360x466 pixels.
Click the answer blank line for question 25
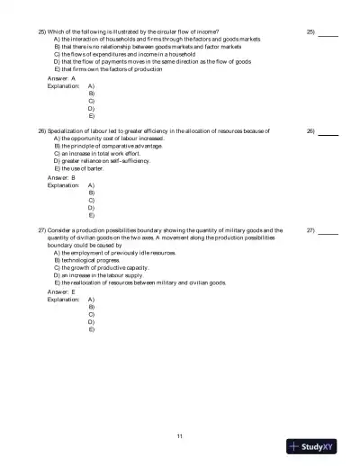328,32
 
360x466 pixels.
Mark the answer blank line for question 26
328,132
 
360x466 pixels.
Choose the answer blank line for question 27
328,232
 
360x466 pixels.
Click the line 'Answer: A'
61,78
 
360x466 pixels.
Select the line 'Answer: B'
61,178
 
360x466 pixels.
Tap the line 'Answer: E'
61,292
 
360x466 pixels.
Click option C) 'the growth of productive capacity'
112,268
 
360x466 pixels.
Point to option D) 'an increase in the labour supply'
111,275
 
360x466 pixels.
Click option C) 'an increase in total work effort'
104,153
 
